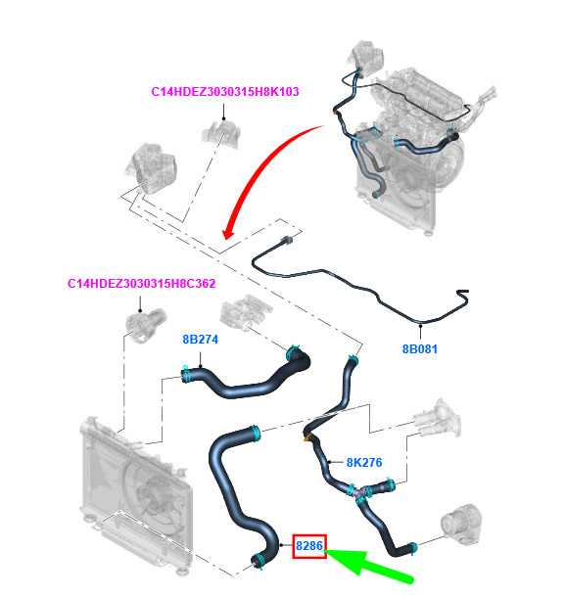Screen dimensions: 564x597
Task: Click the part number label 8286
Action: [x=309, y=546]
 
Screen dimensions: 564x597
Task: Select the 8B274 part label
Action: [x=201, y=340]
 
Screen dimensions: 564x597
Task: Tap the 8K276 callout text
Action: [x=364, y=463]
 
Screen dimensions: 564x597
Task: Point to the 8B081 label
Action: [x=420, y=349]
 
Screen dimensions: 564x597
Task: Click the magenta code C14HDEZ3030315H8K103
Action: [x=225, y=92]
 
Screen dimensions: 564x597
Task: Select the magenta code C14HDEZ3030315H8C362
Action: [x=141, y=284]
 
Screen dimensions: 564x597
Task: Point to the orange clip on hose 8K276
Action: [x=306, y=437]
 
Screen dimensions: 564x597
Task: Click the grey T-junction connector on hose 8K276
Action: [x=359, y=492]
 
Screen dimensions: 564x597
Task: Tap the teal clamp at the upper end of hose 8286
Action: [x=256, y=434]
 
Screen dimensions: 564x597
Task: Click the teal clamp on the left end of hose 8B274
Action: [x=186, y=374]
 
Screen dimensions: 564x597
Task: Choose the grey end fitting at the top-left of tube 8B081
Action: [x=286, y=240]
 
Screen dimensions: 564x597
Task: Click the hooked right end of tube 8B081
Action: [x=463, y=296]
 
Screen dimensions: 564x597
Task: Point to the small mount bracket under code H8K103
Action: [x=221, y=133]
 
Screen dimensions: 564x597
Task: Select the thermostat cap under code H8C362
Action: [x=145, y=324]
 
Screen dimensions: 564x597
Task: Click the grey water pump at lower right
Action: [x=461, y=525]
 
